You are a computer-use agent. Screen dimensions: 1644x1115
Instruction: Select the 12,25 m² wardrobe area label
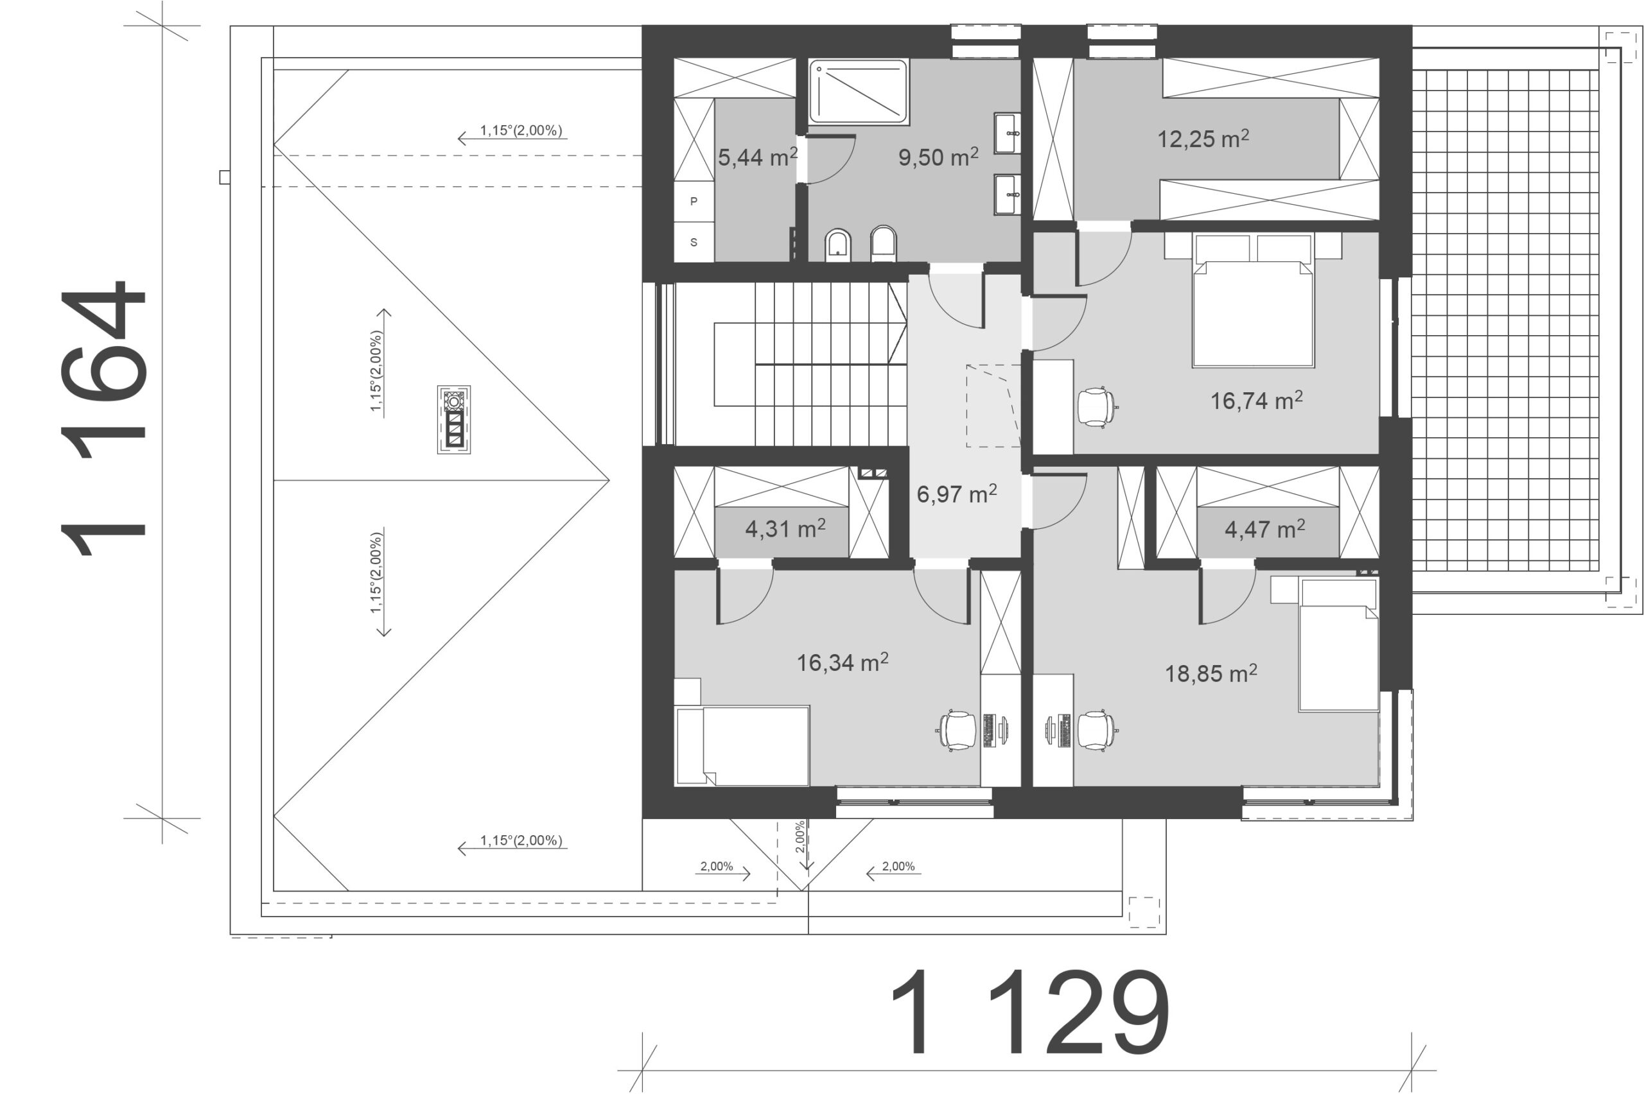pyautogui.click(x=1203, y=138)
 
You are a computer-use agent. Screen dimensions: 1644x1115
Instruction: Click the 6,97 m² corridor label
pyautogui.click(x=956, y=493)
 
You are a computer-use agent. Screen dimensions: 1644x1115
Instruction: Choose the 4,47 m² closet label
pyautogui.click(x=1265, y=528)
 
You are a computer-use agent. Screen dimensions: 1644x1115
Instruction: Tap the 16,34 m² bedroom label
pyautogui.click(x=843, y=662)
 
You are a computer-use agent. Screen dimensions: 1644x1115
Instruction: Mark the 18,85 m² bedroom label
pyautogui.click(x=1211, y=673)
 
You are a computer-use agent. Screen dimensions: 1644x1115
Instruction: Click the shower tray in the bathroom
pyautogui.click(x=858, y=92)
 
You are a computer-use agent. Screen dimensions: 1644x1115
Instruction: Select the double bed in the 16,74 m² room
pyautogui.click(x=1253, y=300)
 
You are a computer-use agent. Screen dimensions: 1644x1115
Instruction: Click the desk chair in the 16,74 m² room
pyautogui.click(x=1096, y=407)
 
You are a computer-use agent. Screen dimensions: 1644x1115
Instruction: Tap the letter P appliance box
pyautogui.click(x=694, y=202)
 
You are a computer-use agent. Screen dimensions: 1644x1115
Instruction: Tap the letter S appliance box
pyautogui.click(x=694, y=242)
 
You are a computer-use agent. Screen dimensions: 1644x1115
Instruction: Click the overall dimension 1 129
pyautogui.click(x=1029, y=1012)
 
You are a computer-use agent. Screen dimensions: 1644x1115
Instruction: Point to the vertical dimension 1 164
pyautogui.click(x=103, y=419)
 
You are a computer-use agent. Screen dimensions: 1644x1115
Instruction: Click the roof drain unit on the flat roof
pyautogui.click(x=453, y=419)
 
